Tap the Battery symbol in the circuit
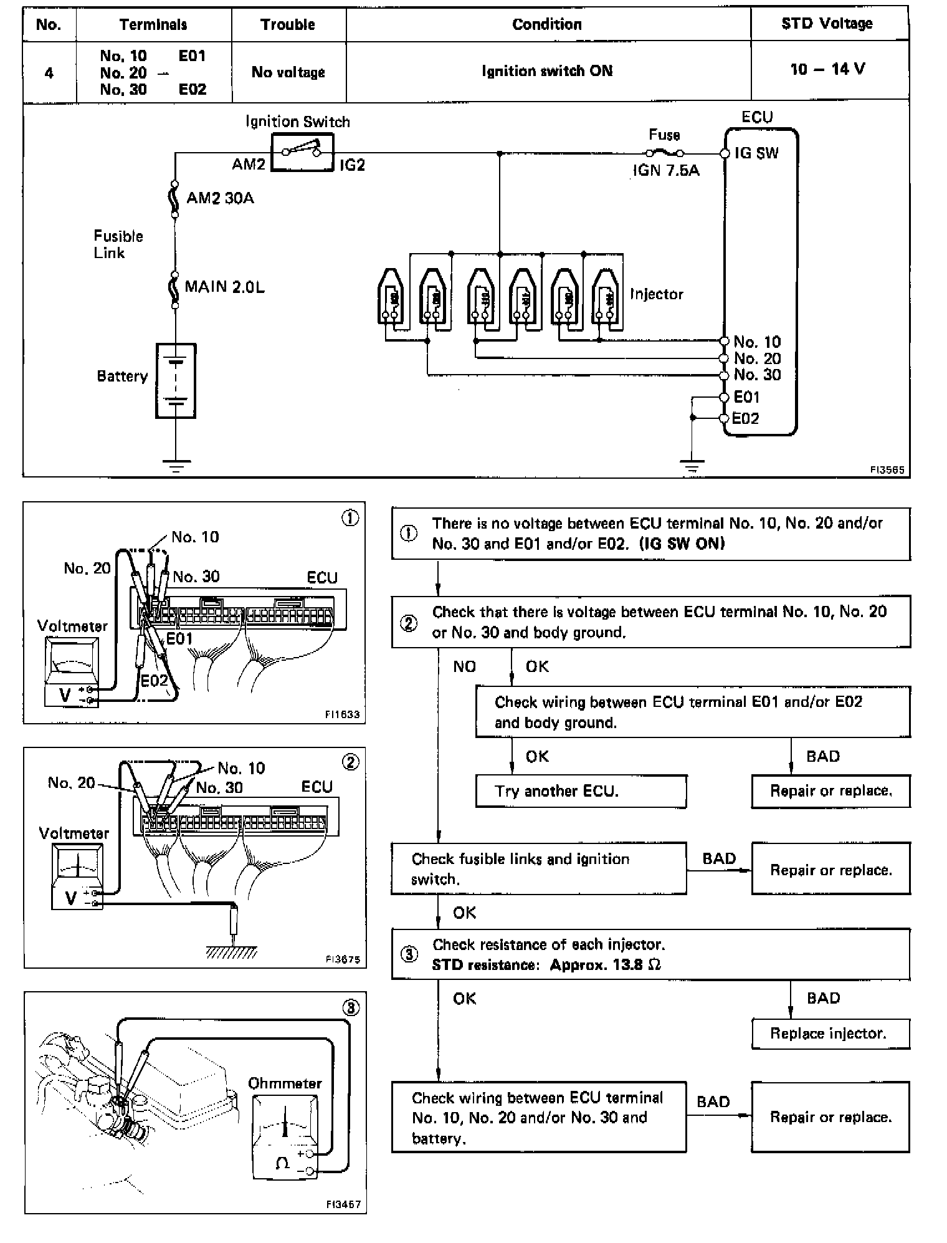tap(176, 380)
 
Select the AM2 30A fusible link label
tap(220, 198)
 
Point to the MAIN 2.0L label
tap(224, 287)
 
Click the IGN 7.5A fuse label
tap(666, 170)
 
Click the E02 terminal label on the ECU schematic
tap(746, 418)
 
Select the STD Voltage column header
tap(827, 24)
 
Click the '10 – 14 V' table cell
tap(828, 69)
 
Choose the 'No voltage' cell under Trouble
tap(288, 72)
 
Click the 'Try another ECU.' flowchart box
tap(581, 791)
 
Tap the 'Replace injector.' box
tap(830, 1034)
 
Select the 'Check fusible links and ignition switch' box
tap(539, 868)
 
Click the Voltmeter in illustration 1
tap(72, 670)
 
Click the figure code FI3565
tap(887, 470)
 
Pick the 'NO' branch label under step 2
tap(465, 667)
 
